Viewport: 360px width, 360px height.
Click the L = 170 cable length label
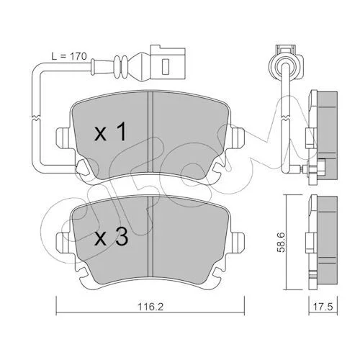(x=69, y=56)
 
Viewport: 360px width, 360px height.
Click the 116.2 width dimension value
(x=150, y=307)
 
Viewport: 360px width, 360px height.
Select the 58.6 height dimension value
(x=281, y=242)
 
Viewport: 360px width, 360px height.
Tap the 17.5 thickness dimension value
(x=323, y=307)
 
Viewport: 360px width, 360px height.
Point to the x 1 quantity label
(x=110, y=132)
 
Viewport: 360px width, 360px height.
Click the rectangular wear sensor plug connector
(x=168, y=63)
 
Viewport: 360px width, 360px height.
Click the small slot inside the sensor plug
(x=166, y=66)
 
